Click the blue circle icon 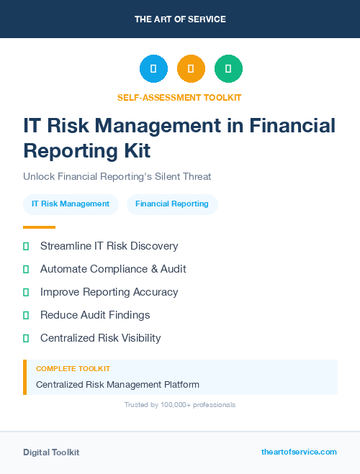click(x=153, y=68)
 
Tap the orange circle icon click(x=191, y=68)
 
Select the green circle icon click(x=228, y=68)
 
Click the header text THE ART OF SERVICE click(x=180, y=19)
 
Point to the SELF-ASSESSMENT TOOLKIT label click(x=179, y=97)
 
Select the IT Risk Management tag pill click(x=71, y=204)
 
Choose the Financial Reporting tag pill click(x=172, y=204)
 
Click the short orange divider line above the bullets click(x=39, y=227)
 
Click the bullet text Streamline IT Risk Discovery click(x=109, y=246)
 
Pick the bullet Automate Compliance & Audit click(x=113, y=269)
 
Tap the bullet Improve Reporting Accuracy click(x=109, y=292)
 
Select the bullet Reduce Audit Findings click(x=96, y=315)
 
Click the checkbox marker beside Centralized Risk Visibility click(x=26, y=338)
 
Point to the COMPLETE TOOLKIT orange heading click(x=73, y=369)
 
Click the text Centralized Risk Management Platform click(x=117, y=385)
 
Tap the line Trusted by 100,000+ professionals click(x=180, y=405)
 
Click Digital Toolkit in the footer click(x=51, y=452)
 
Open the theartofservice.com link click(x=299, y=452)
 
